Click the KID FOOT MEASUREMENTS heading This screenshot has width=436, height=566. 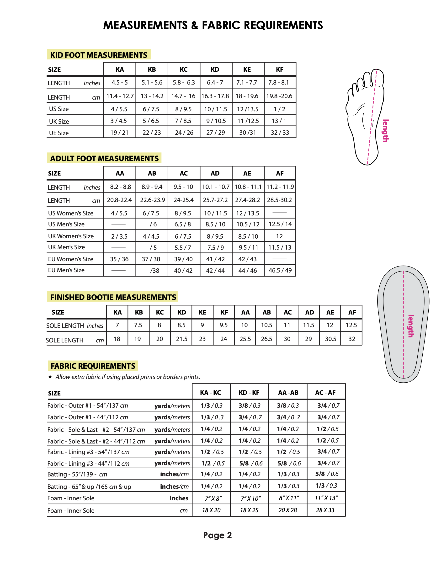98,55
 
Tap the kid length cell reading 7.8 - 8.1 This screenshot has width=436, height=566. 280,82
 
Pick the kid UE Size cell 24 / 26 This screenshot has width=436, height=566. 184,133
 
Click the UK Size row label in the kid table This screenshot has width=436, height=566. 59,122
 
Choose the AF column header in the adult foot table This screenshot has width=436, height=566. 280,173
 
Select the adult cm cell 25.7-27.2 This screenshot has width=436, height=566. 215,200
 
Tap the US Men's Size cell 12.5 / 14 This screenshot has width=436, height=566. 280,224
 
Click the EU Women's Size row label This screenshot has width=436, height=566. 70,259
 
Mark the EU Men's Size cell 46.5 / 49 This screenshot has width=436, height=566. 280,270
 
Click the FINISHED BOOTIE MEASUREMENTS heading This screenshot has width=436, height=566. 113,297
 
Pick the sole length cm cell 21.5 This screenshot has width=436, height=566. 182,339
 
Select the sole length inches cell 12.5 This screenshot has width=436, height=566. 351,325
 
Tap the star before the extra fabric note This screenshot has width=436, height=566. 50,377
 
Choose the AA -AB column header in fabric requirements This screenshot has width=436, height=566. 288,393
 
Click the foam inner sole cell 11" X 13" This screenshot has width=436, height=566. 326,498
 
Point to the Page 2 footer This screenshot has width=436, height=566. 217,535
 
